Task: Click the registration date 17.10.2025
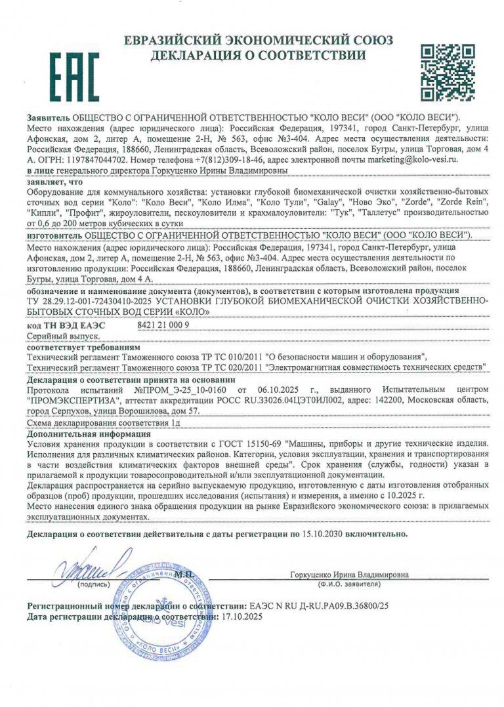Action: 243,617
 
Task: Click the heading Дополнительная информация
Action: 89,434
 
